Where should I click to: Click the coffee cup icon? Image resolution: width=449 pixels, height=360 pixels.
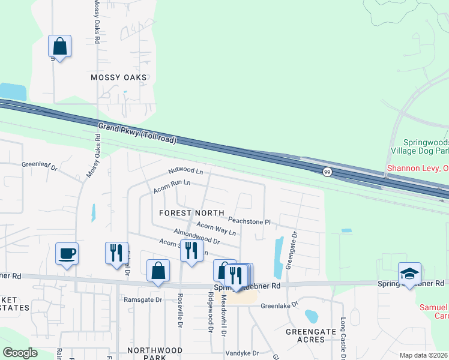pos(67,253)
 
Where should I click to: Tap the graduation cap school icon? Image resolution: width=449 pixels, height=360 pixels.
pos(409,274)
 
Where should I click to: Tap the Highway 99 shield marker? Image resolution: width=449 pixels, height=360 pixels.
pos(326,172)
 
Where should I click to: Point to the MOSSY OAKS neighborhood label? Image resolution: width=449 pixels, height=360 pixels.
pos(119,77)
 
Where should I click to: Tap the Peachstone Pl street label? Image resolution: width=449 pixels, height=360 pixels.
pos(250,221)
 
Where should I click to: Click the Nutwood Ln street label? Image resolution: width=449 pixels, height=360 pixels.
pos(185,171)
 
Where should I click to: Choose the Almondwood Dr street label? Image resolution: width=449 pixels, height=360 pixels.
pos(196,235)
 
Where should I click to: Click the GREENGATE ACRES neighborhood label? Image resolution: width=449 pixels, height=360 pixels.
pos(305,335)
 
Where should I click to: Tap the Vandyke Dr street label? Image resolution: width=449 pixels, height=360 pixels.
pos(241,353)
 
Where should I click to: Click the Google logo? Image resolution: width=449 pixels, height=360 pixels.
pos(20,353)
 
